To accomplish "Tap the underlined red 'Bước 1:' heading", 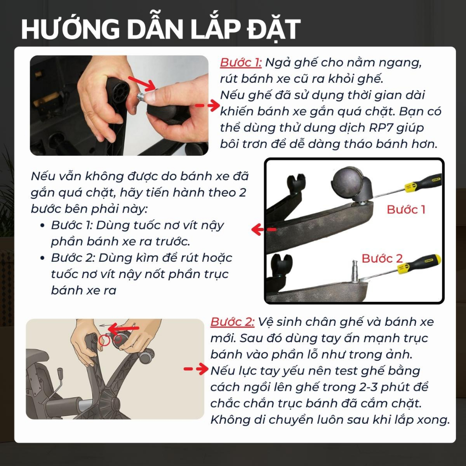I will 241,62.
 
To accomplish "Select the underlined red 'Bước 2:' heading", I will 232,322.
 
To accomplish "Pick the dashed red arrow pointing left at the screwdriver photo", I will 263,230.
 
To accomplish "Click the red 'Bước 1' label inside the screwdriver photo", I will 406,209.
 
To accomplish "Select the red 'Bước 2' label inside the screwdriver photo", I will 382,258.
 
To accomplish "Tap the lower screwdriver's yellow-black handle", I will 419,264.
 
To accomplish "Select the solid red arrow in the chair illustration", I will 123,328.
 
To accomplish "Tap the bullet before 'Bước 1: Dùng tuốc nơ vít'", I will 42,226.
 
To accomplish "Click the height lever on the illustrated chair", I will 59,380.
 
